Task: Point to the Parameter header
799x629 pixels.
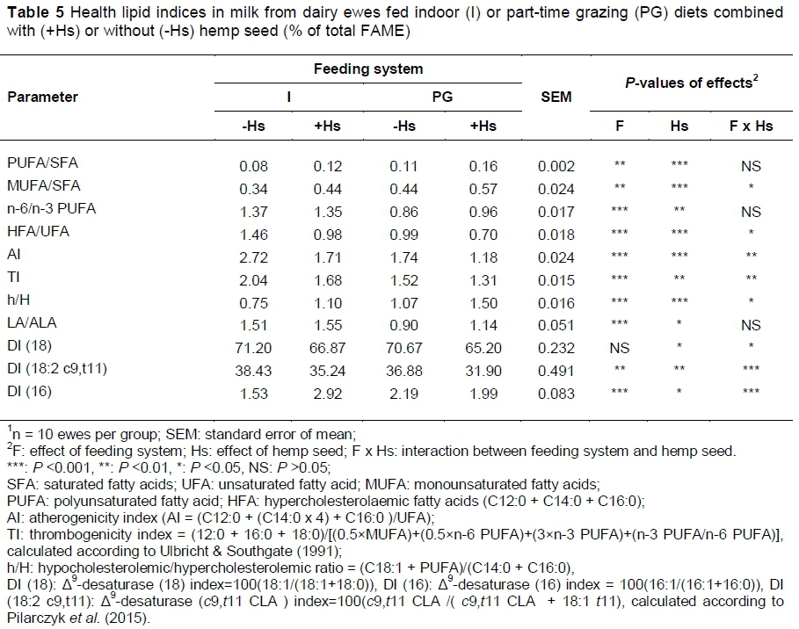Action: coord(42,97)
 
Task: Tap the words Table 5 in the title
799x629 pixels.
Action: coord(30,13)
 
